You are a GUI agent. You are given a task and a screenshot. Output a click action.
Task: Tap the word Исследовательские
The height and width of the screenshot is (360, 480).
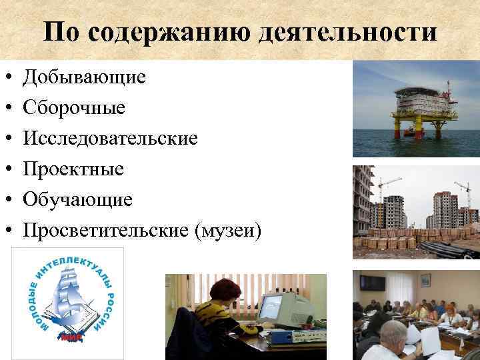pyautogui.click(x=110, y=139)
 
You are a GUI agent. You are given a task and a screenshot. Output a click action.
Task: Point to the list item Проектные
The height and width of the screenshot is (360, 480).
pyautogui.click(x=73, y=169)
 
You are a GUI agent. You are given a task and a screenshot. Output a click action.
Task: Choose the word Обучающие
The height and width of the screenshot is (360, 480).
pyautogui.click(x=77, y=200)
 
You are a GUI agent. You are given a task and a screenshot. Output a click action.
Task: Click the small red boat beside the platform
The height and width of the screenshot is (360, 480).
pyautogui.click(x=408, y=133)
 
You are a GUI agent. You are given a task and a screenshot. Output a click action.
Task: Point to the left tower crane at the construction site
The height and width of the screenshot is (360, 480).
pyautogui.click(x=387, y=183)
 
